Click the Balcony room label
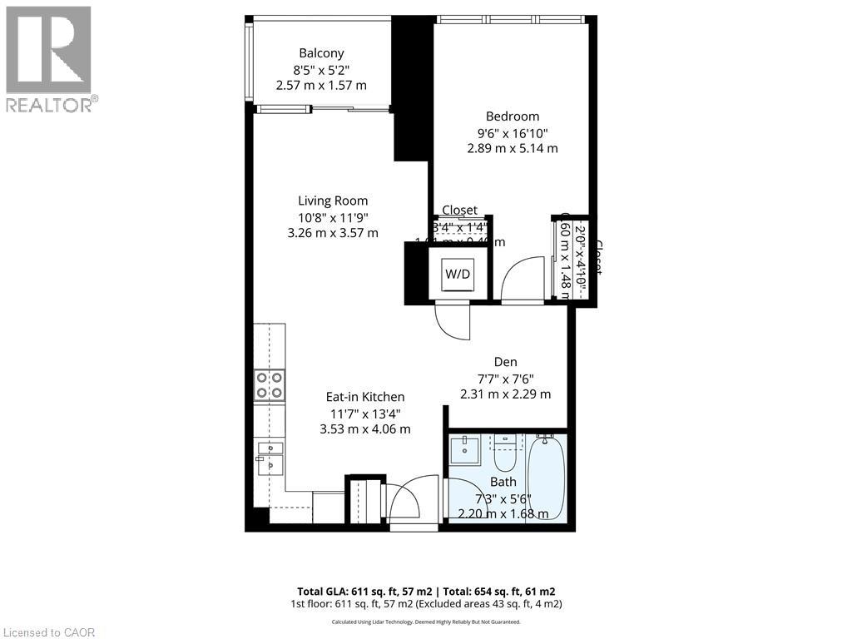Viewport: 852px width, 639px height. [x=321, y=53]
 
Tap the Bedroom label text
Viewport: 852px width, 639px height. [x=513, y=116]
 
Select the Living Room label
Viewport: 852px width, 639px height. [x=333, y=201]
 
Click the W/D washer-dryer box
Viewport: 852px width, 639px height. [x=456, y=273]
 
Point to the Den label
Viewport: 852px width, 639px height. [x=505, y=362]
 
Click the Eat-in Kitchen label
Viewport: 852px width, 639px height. [x=365, y=397]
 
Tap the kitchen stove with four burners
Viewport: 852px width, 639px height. [x=270, y=385]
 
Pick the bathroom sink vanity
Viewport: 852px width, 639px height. [x=464, y=450]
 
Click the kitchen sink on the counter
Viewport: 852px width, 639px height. [x=270, y=457]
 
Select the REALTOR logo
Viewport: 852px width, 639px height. [x=49, y=59]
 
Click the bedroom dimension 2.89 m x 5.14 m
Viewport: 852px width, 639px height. [x=513, y=148]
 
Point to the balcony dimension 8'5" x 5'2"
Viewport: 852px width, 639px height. [x=321, y=70]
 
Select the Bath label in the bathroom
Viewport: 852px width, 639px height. [x=503, y=482]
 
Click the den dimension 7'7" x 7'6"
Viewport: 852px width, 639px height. [x=505, y=379]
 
